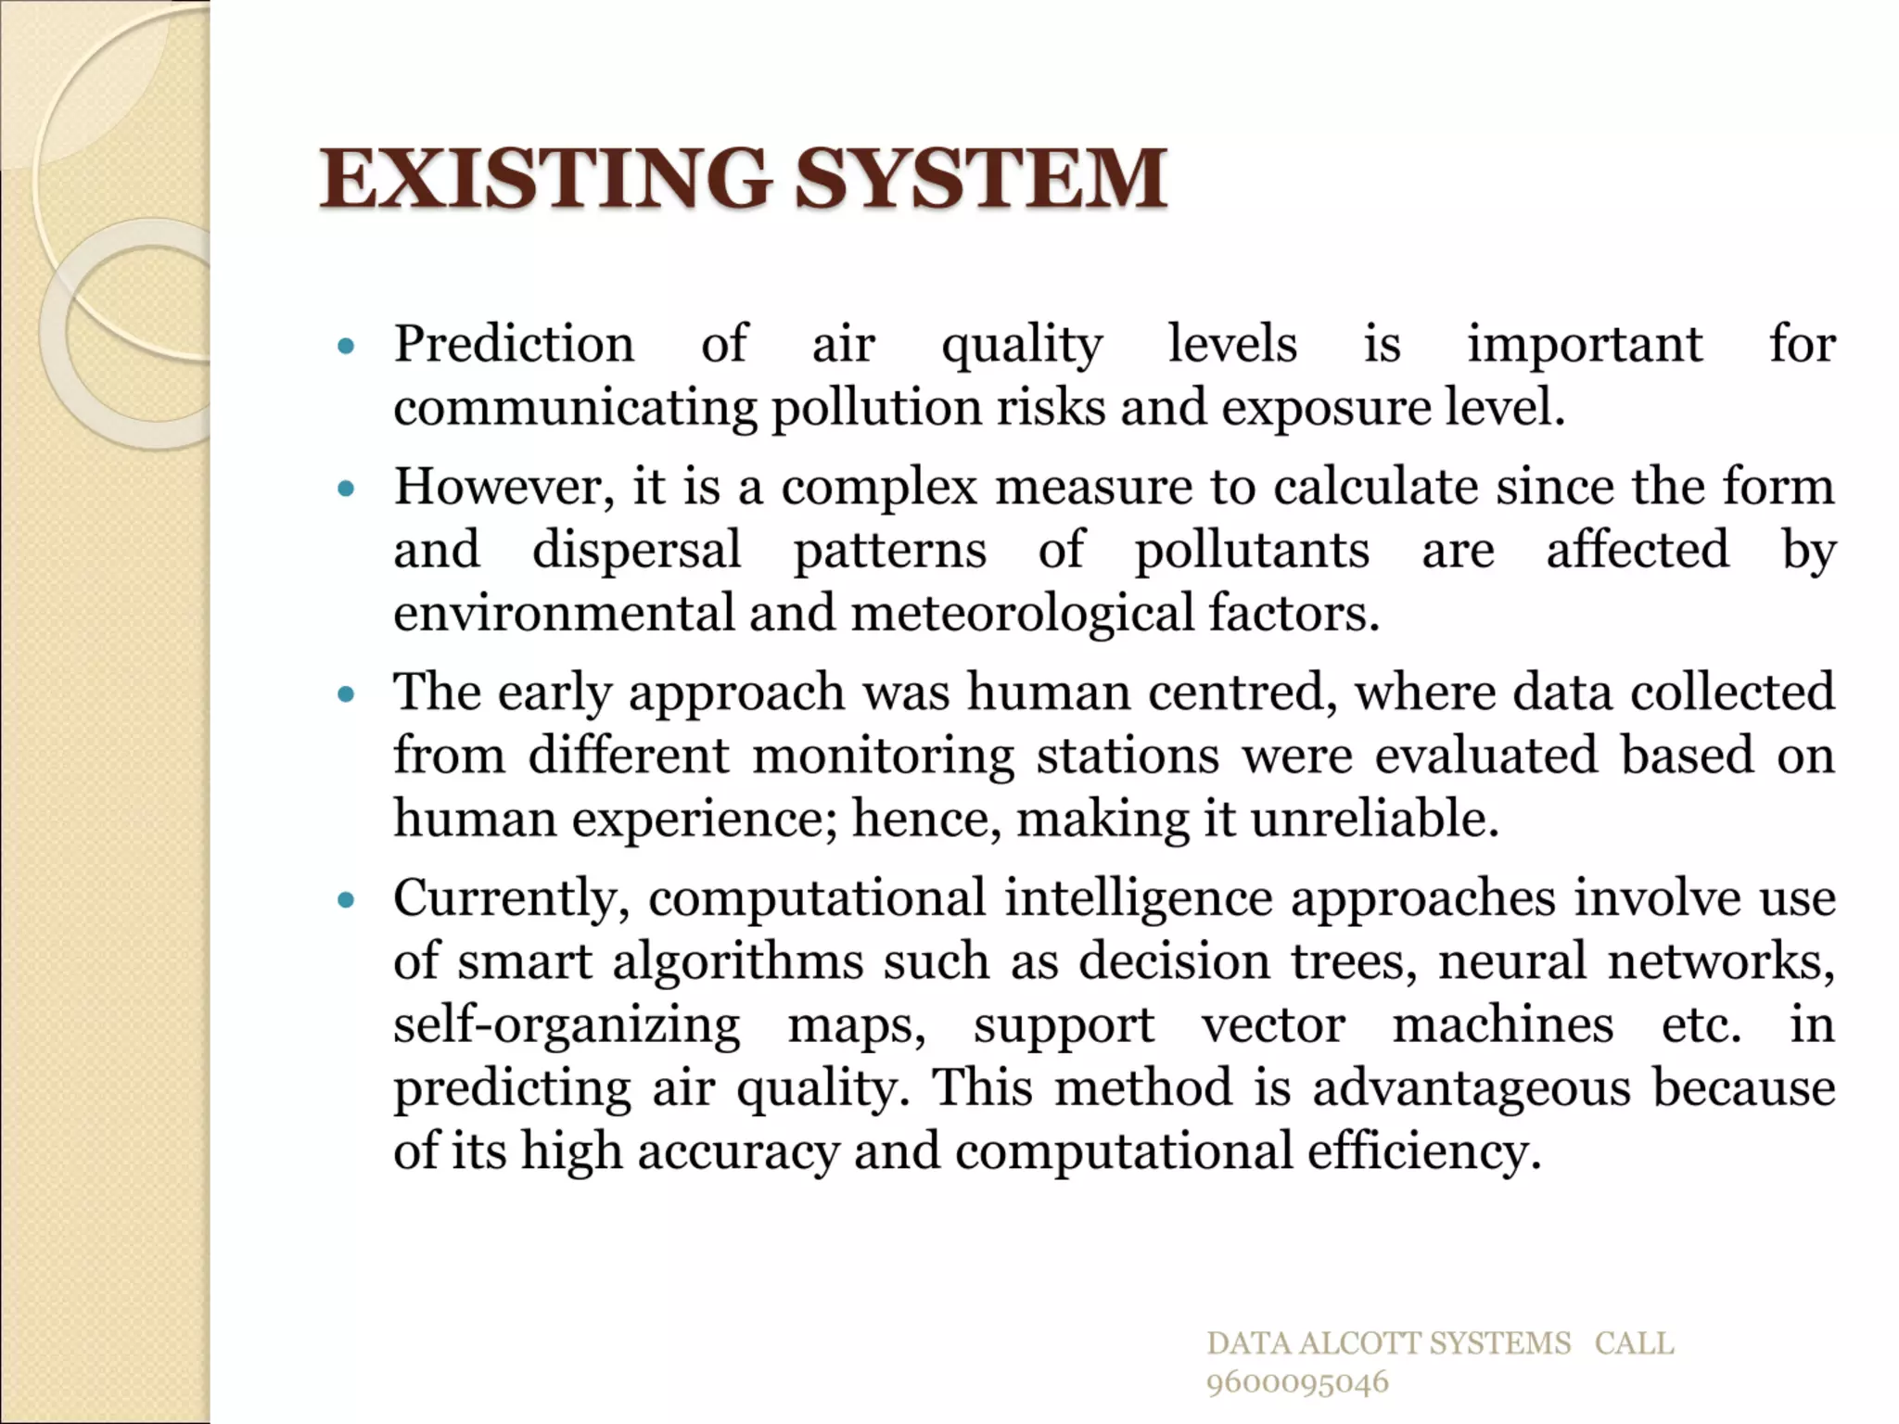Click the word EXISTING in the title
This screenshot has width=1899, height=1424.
(545, 178)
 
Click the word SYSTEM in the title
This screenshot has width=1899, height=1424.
(981, 178)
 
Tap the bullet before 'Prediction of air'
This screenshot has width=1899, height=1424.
(347, 348)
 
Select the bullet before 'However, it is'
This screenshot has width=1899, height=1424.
(347, 489)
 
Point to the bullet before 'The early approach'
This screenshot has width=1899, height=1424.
(347, 694)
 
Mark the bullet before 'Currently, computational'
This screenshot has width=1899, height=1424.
(347, 900)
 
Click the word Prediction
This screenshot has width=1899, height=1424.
(515, 345)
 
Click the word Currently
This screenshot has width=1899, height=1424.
(511, 899)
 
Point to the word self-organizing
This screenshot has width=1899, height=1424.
(567, 1026)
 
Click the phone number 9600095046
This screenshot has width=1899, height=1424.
(1297, 1382)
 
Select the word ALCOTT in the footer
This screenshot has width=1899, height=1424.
(1360, 1343)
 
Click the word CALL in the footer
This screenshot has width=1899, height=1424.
(1634, 1343)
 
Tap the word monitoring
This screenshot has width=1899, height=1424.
(883, 756)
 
